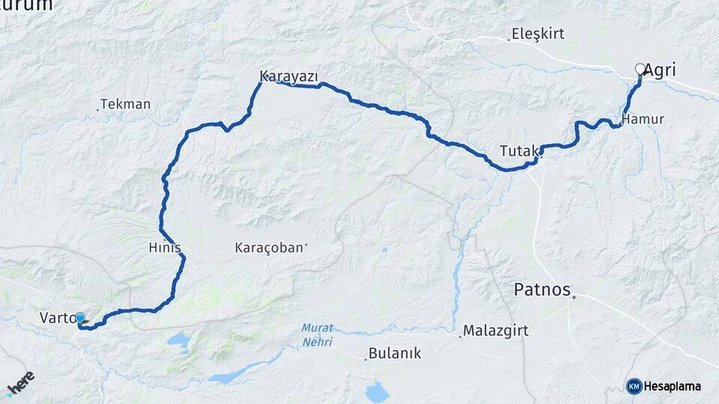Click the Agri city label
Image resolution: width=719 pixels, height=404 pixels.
coord(660,70)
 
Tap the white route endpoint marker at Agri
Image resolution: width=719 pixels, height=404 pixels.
coord(640,69)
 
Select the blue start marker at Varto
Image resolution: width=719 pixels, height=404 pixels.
coord(80,318)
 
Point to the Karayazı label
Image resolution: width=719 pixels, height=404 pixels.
coord(289,76)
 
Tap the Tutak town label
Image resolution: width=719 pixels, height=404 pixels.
coord(518,151)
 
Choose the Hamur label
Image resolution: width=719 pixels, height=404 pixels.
coord(643,119)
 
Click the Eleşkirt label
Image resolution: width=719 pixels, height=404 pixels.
coord(537,34)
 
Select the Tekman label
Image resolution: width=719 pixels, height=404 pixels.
coord(125,104)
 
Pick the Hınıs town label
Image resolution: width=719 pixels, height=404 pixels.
coord(165,248)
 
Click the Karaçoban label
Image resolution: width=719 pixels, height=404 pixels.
coord(269,247)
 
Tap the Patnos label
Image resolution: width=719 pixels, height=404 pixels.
coord(541,290)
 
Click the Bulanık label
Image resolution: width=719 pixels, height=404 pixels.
coord(397,354)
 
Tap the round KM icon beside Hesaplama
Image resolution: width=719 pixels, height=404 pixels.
coord(634,386)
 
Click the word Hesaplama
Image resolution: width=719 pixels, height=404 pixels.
coord(673,386)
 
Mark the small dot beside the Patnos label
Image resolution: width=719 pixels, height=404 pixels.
coord(574,298)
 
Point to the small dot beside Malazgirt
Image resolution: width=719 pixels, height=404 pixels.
coord(460,336)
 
